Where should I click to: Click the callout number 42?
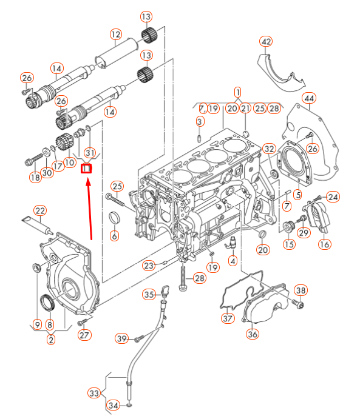click(x=266, y=41)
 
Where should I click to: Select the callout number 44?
click(x=309, y=98)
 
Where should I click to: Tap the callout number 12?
click(x=116, y=35)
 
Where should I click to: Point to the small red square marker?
click(x=86, y=169)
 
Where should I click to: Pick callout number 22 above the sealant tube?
click(x=40, y=210)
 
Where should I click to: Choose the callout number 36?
click(x=252, y=333)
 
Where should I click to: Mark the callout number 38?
click(x=301, y=290)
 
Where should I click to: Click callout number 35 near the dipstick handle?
click(x=149, y=295)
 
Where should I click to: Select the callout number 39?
click(x=122, y=338)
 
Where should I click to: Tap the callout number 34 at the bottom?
click(x=113, y=405)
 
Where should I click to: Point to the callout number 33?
click(x=93, y=394)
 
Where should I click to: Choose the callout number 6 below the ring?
click(x=114, y=235)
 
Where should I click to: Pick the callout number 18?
click(x=35, y=177)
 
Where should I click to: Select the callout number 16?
click(x=325, y=244)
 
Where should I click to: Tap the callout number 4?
click(x=232, y=261)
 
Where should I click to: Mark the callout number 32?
click(x=270, y=149)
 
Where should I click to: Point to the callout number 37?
click(x=227, y=317)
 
